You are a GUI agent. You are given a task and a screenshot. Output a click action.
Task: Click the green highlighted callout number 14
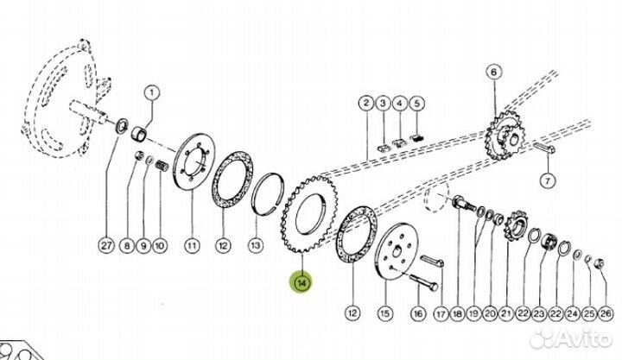[301, 282]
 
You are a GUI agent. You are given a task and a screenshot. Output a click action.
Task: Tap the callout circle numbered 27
[106, 245]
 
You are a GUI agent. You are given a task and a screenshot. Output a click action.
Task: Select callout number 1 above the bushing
[151, 93]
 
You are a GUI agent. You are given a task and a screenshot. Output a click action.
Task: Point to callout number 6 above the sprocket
[493, 73]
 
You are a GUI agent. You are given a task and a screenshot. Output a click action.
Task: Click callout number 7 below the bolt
[548, 181]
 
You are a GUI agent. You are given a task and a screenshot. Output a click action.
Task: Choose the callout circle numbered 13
[256, 245]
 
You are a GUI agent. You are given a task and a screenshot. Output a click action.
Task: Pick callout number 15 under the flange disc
[384, 313]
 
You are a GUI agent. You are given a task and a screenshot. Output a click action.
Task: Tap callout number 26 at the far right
[606, 313]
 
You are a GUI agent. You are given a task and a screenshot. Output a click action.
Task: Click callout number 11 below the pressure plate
[192, 245]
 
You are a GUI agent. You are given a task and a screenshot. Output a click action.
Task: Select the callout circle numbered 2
[366, 104]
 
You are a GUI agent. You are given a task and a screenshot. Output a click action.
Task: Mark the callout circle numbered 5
[416, 104]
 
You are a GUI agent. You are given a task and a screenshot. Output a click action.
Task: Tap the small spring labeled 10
[162, 166]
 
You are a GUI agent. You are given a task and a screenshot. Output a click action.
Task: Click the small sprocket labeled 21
[515, 226]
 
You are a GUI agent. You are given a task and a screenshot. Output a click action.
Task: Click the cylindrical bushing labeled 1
[138, 132]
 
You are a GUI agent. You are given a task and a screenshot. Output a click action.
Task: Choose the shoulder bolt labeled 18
[464, 204]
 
